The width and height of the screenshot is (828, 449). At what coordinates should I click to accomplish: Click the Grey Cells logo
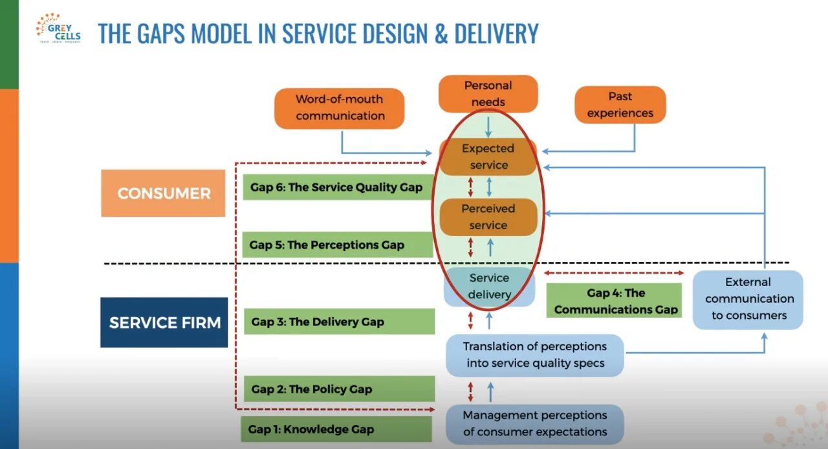[58, 29]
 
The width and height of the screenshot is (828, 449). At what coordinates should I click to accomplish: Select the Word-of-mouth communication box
[340, 108]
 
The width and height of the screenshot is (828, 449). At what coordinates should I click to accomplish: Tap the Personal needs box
[488, 94]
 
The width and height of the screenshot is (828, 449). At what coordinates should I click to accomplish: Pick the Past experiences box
[620, 105]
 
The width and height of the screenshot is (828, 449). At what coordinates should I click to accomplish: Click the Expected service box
[488, 157]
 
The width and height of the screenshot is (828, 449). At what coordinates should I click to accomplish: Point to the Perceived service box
[488, 217]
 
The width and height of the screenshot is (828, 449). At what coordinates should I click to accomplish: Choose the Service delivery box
[489, 286]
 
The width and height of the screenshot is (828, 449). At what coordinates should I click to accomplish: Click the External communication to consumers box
[749, 299]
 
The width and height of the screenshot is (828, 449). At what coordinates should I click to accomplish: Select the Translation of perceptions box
[535, 355]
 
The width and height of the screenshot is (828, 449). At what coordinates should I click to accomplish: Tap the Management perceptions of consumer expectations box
[535, 424]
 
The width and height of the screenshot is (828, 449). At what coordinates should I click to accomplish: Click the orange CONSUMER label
[164, 193]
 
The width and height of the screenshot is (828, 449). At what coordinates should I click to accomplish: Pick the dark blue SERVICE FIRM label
[164, 322]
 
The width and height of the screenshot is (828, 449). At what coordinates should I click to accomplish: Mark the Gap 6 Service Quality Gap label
[337, 188]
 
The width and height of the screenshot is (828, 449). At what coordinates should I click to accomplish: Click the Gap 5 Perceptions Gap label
[337, 245]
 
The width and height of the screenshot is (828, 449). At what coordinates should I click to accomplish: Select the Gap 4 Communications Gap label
[616, 301]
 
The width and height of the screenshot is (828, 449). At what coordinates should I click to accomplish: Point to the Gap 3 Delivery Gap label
[338, 322]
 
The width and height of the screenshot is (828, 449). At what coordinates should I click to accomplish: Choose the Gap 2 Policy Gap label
[338, 389]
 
